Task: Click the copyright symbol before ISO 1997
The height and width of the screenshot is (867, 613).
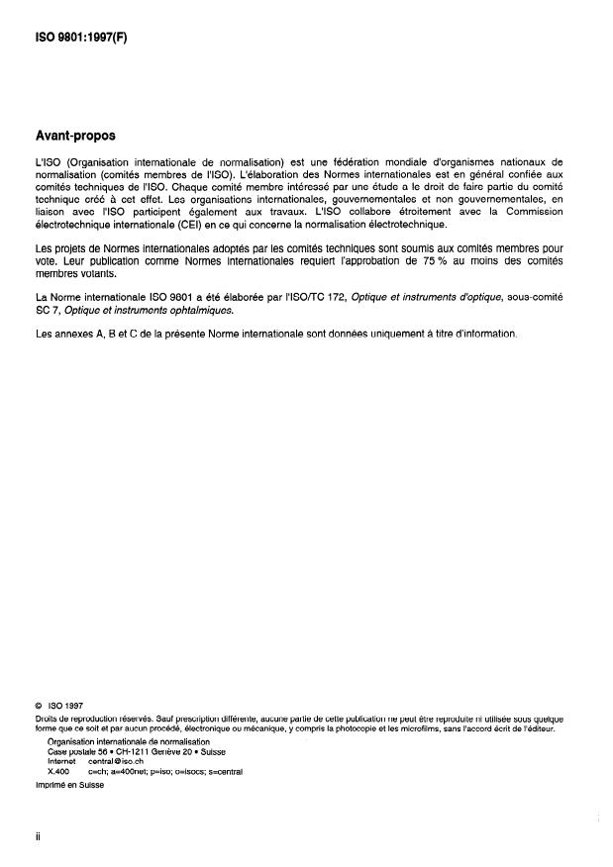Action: click(37, 705)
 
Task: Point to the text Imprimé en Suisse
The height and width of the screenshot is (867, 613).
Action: click(67, 783)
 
